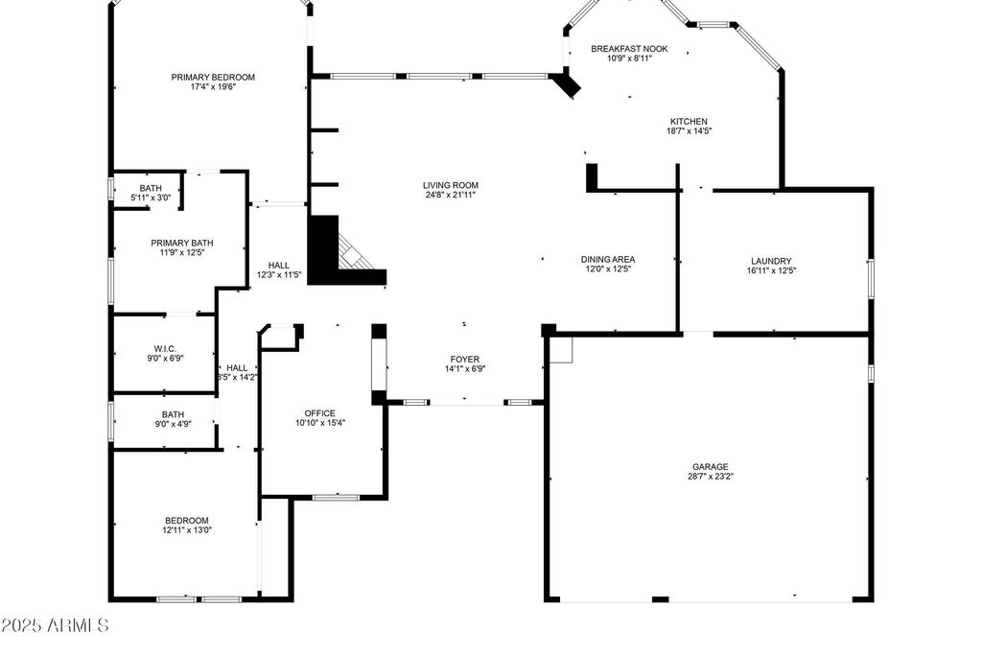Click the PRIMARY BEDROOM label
click(213, 77)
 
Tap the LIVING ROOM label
click(451, 185)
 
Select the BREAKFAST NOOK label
click(629, 48)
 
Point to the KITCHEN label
click(689, 122)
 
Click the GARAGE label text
click(711, 466)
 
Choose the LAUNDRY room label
click(771, 261)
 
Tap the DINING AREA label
click(608, 259)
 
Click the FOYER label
click(465, 360)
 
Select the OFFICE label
click(320, 413)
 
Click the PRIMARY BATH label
click(181, 243)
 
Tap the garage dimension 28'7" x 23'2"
click(711, 476)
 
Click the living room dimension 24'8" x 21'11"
click(451, 195)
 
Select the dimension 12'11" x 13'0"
click(186, 529)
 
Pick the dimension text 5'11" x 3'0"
click(151, 198)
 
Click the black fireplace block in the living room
click(324, 250)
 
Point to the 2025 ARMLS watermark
click(55, 626)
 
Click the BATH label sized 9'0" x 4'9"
click(173, 414)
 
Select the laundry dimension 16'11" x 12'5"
click(771, 270)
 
